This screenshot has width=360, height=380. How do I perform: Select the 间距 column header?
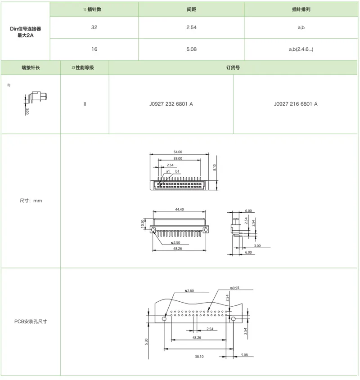coord(191,9)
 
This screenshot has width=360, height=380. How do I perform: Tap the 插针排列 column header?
coord(301,9)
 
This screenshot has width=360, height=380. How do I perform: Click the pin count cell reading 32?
coord(94,27)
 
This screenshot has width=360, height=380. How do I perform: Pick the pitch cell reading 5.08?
coord(191,49)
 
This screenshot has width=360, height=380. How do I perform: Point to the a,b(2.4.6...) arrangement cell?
coord(301,49)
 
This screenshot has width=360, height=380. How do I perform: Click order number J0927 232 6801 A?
coord(171,104)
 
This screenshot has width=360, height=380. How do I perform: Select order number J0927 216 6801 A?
coord(296,104)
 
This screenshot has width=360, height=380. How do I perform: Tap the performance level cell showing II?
coord(85,104)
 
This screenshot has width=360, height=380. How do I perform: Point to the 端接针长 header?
coord(31,67)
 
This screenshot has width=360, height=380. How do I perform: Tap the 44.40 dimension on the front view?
coord(179,210)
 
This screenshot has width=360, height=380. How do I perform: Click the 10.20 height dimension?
coord(143,224)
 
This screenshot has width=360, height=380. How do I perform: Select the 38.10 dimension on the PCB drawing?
coord(199,357)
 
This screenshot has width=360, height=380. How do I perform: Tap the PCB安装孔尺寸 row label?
coord(31,322)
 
